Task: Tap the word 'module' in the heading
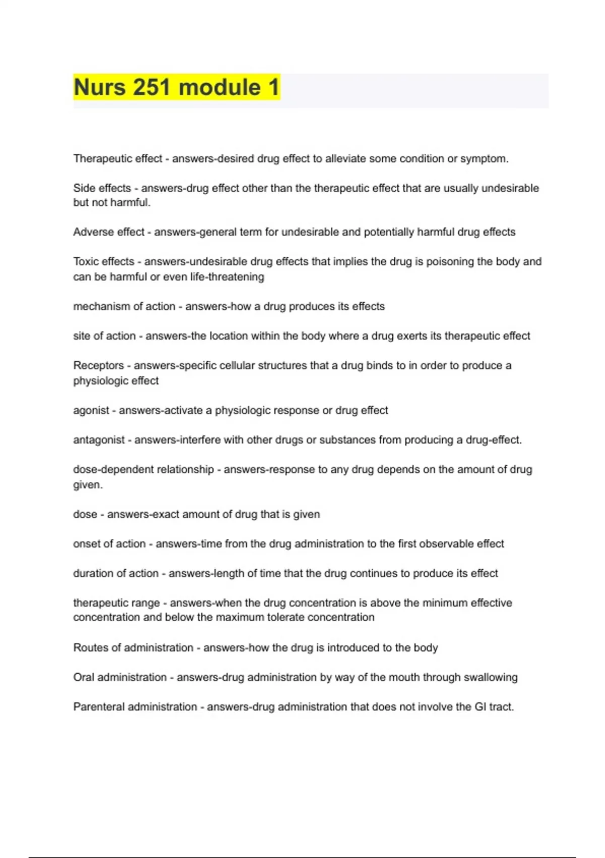(220, 87)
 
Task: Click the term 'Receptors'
(98, 365)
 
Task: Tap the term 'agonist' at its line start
(91, 410)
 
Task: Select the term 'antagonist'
(99, 440)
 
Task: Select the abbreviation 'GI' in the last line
(480, 707)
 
